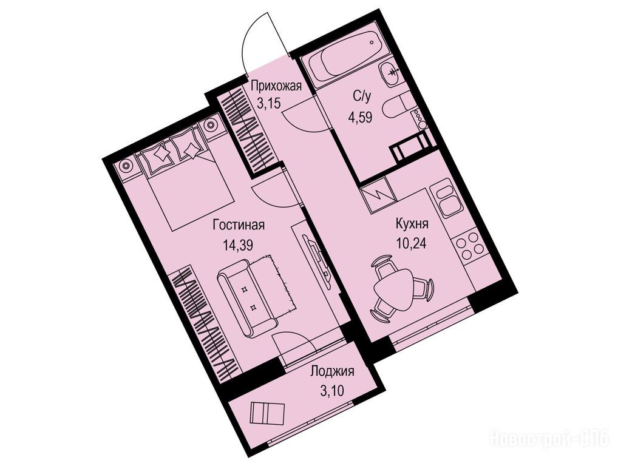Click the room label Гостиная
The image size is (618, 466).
[239, 226]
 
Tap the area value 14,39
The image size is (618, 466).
[237, 245]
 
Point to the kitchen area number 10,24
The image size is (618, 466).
[412, 245]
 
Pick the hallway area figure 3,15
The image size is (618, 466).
[268, 104]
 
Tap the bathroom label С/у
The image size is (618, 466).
[362, 97]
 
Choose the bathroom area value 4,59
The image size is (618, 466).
[360, 117]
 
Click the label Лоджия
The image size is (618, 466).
[332, 371]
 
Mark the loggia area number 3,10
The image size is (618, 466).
[332, 391]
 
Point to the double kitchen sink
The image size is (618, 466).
[448, 198]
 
